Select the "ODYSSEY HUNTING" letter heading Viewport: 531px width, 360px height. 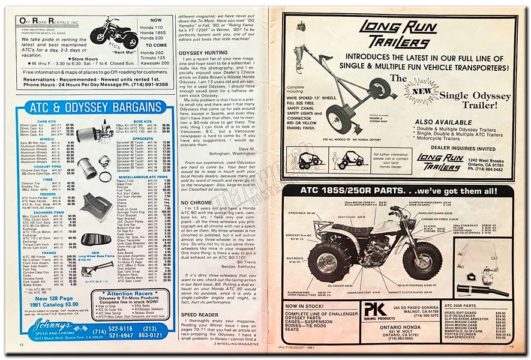[203, 53]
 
